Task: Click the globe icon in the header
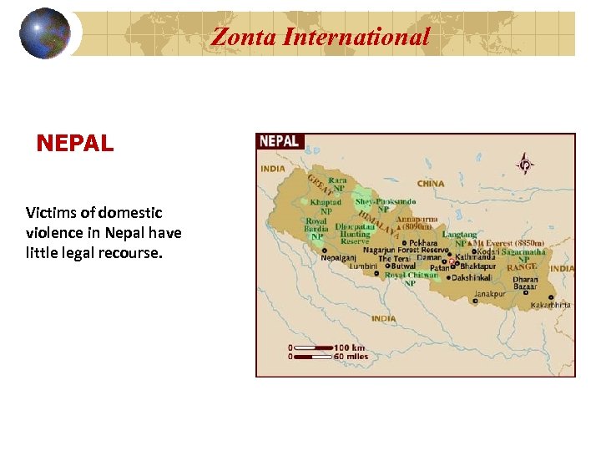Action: tap(44, 33)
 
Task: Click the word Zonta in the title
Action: tap(244, 37)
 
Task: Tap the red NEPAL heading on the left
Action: tap(75, 144)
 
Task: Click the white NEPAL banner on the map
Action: tap(280, 141)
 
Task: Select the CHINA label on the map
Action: tap(431, 183)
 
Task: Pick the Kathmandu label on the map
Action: tap(475, 258)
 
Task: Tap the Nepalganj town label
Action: tap(344, 258)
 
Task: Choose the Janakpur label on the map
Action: tap(490, 294)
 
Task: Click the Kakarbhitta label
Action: tap(551, 305)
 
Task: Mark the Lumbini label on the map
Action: tap(363, 266)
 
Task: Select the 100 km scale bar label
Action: tap(350, 347)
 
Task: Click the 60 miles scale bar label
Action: tap(351, 357)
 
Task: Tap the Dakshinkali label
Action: tap(472, 277)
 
